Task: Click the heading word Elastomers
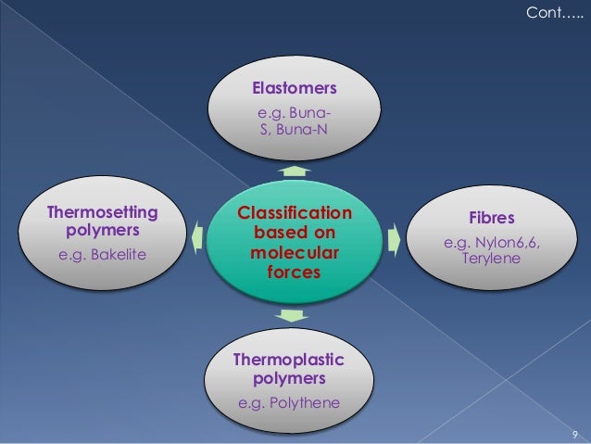295,89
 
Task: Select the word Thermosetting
103,212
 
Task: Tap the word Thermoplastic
288,360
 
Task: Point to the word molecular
295,253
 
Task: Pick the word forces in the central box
295,273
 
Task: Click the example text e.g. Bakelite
103,253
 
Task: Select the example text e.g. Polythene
289,403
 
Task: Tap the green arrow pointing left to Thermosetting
197,238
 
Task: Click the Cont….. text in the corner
555,14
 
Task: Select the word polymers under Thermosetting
103,230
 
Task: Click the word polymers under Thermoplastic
288,379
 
